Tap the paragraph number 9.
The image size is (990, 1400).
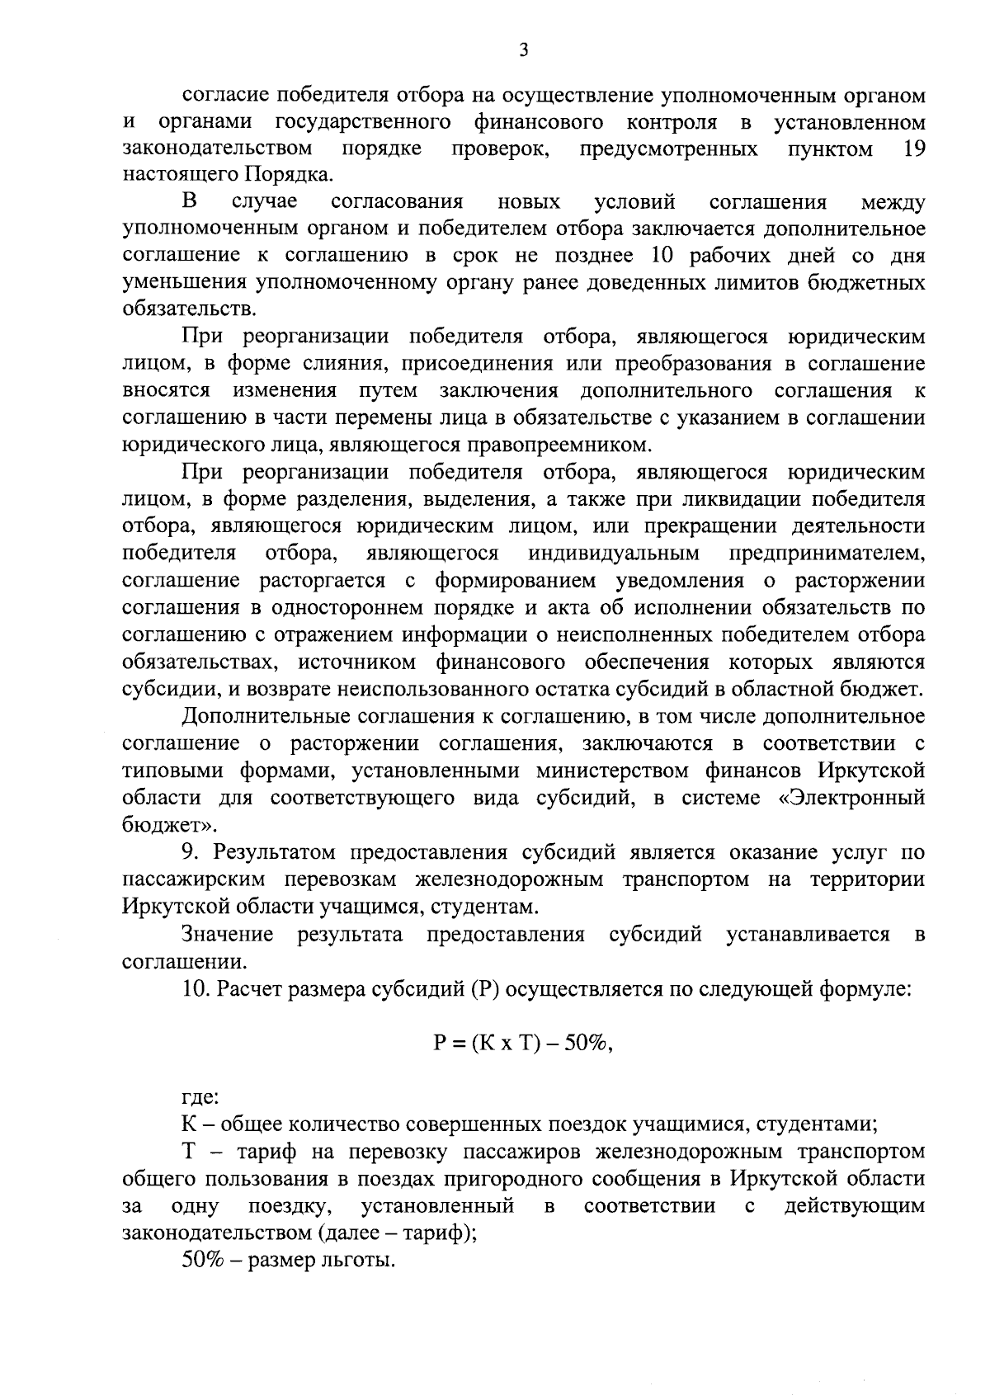click(x=189, y=852)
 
